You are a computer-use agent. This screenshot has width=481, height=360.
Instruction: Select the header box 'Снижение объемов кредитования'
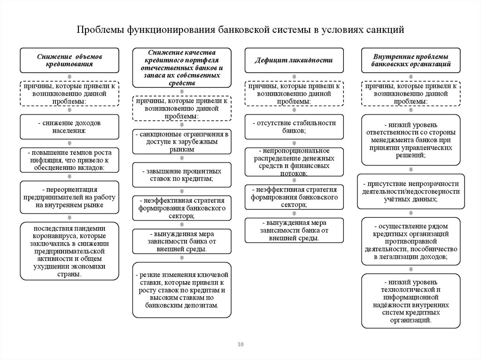click(69, 60)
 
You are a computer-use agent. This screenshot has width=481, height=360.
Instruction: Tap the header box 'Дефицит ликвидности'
click(294, 60)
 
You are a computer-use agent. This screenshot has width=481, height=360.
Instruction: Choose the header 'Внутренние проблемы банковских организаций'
click(411, 60)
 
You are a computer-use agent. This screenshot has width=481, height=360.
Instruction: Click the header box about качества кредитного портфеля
click(182, 68)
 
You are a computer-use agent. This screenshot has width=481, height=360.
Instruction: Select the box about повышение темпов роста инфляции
click(69, 160)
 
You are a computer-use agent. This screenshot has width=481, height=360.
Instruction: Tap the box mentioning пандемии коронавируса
click(69, 251)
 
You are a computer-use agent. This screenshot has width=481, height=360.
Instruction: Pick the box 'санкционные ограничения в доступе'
click(182, 142)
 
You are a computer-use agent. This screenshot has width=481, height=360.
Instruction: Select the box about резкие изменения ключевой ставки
click(182, 290)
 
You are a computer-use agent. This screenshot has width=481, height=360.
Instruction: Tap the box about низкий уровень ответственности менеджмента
click(411, 140)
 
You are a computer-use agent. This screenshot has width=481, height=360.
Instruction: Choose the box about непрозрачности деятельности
click(411, 191)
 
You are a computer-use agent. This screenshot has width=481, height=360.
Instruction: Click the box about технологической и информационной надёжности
click(411, 301)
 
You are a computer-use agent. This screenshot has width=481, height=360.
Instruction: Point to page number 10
click(240, 345)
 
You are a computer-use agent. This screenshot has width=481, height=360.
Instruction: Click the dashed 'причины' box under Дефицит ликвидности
click(294, 93)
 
